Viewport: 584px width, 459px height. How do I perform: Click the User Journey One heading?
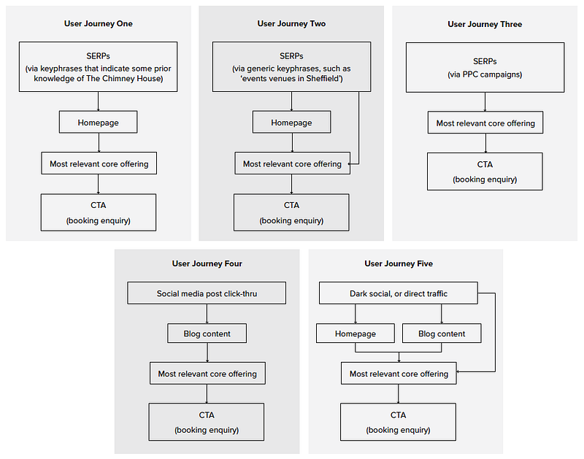point(99,23)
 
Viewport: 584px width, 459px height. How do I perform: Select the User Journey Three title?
point(485,24)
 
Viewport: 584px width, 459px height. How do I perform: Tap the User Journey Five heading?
point(399,263)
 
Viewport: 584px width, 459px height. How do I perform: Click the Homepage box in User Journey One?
point(99,122)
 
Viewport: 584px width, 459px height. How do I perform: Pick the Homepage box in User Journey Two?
point(291,122)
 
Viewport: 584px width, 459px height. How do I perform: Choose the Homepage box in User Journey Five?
point(356,333)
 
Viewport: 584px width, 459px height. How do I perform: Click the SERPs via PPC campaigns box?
point(485,67)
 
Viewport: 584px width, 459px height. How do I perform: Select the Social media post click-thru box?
point(207,293)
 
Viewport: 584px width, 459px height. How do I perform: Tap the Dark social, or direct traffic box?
point(399,293)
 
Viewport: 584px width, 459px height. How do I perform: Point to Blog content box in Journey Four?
point(207,333)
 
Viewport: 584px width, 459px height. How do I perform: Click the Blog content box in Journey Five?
point(442,333)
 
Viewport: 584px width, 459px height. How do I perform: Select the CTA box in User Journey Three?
point(485,171)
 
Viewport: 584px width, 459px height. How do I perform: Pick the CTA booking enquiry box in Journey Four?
point(207,422)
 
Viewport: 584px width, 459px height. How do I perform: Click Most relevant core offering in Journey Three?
point(485,123)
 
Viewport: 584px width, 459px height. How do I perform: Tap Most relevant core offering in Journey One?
point(99,163)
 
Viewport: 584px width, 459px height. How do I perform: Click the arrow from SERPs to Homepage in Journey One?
point(99,101)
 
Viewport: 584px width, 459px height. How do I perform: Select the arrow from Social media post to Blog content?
point(207,314)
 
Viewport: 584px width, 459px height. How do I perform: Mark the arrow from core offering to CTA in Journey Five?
point(398,394)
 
